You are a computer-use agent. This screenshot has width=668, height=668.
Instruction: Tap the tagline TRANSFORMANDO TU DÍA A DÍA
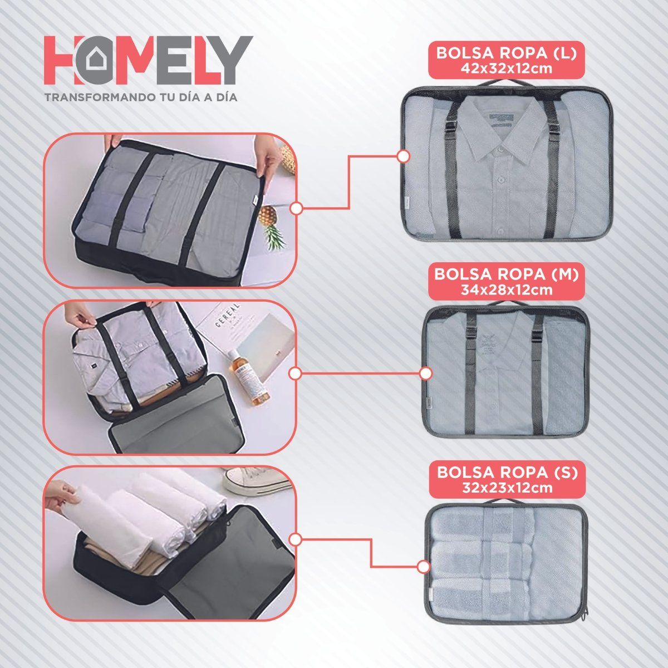[x=141, y=97]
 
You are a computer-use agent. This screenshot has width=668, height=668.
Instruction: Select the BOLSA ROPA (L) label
[x=506, y=54]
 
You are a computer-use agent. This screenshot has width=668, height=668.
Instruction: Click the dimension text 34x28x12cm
[x=507, y=289]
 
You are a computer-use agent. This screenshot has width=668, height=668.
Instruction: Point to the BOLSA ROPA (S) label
[x=507, y=473]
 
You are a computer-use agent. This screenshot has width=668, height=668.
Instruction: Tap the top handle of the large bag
[x=506, y=84]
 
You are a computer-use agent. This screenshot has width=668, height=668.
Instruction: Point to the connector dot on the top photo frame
[x=297, y=209]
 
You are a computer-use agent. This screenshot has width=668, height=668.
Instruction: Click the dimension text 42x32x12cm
[x=506, y=68]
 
